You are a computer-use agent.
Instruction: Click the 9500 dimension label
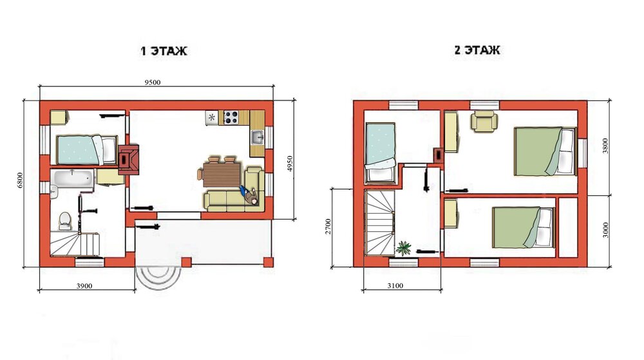coord(153,82)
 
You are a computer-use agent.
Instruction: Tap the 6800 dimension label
coord(20,180)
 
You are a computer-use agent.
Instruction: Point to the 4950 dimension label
coord(290,164)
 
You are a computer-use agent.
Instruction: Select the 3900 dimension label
coord(84,286)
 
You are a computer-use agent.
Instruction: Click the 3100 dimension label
coord(395,285)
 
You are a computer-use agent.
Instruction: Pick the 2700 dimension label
coord(328,226)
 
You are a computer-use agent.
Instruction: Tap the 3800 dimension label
coord(605,146)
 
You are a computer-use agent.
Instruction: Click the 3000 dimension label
coord(605,230)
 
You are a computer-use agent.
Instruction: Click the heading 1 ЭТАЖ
coord(164,51)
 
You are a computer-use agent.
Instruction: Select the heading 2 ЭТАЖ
coord(477,50)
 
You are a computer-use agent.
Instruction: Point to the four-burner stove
coord(231,117)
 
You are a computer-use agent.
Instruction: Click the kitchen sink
coord(258,137)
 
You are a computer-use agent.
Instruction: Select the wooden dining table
coord(221,175)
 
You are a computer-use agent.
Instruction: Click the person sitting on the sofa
coord(250,195)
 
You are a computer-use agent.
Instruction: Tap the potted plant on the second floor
coord(403,248)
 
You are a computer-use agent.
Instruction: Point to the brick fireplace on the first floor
coord(129,159)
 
